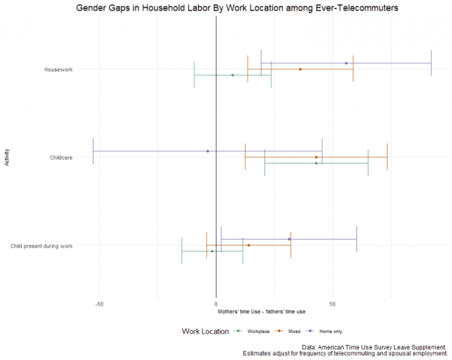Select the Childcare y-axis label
(60, 157)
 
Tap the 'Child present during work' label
(42, 246)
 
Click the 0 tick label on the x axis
(216, 304)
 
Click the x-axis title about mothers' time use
(261, 312)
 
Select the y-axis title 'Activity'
(7, 157)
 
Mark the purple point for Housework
(346, 63)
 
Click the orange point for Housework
(300, 69)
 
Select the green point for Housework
(232, 75)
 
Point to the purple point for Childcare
(207, 151)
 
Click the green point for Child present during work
(212, 252)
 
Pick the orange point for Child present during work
(249, 246)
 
